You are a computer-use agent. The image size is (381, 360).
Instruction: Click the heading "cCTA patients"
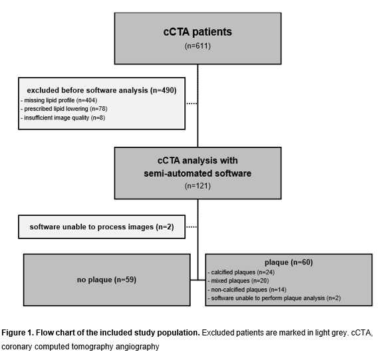point(197,32)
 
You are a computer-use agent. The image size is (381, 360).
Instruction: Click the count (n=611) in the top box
point(197,46)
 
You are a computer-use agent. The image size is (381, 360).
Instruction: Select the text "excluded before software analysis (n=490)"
point(102,90)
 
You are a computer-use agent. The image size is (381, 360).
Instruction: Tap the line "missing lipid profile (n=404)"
point(59,100)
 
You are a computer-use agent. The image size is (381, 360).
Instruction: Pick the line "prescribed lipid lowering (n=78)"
point(64,109)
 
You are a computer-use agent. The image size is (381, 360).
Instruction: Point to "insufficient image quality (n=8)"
point(63,118)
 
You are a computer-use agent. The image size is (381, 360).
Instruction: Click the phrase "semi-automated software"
point(197,173)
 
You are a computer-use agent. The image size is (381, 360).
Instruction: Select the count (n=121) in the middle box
point(197,186)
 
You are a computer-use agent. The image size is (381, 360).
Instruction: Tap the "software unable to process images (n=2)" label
point(102,226)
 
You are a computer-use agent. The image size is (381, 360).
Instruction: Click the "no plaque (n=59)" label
point(106,280)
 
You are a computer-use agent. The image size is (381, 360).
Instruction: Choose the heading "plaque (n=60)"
point(289,262)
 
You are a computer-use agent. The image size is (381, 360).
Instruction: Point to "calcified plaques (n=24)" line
point(241,272)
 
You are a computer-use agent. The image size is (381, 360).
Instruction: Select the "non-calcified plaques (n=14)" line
point(247,290)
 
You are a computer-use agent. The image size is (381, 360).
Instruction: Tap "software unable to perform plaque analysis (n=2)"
point(275,298)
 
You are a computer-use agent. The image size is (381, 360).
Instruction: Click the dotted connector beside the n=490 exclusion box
point(191,104)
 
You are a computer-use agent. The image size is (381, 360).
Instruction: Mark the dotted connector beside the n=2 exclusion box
point(191,227)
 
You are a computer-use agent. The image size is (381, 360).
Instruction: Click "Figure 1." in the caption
point(17,333)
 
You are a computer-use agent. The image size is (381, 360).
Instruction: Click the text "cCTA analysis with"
point(197,161)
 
